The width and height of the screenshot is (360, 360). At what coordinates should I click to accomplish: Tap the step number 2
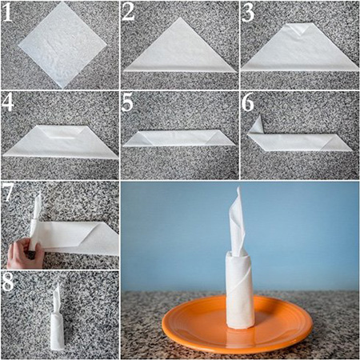[x=129, y=12]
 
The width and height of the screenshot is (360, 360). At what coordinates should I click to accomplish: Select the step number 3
[x=248, y=12]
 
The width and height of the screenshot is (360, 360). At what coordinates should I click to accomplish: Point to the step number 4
[x=7, y=102]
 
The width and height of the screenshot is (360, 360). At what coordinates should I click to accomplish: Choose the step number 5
[x=127, y=102]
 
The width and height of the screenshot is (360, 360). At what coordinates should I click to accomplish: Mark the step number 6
[x=248, y=102]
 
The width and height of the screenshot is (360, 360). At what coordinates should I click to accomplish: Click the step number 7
[x=7, y=193]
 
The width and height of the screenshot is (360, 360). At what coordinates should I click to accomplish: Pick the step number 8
[x=7, y=282]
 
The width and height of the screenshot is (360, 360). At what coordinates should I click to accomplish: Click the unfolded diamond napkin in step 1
[x=62, y=45]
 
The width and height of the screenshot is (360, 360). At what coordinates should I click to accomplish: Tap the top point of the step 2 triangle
[x=180, y=18]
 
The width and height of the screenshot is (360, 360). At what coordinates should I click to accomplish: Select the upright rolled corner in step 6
[x=256, y=125]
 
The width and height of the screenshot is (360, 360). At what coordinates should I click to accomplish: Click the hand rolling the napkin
[x=25, y=254]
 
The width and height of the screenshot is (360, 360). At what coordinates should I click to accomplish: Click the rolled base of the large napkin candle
[x=239, y=290]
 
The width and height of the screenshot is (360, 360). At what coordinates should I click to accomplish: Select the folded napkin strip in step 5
[x=179, y=138]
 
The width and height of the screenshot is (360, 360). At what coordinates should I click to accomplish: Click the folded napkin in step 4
[x=61, y=142]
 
